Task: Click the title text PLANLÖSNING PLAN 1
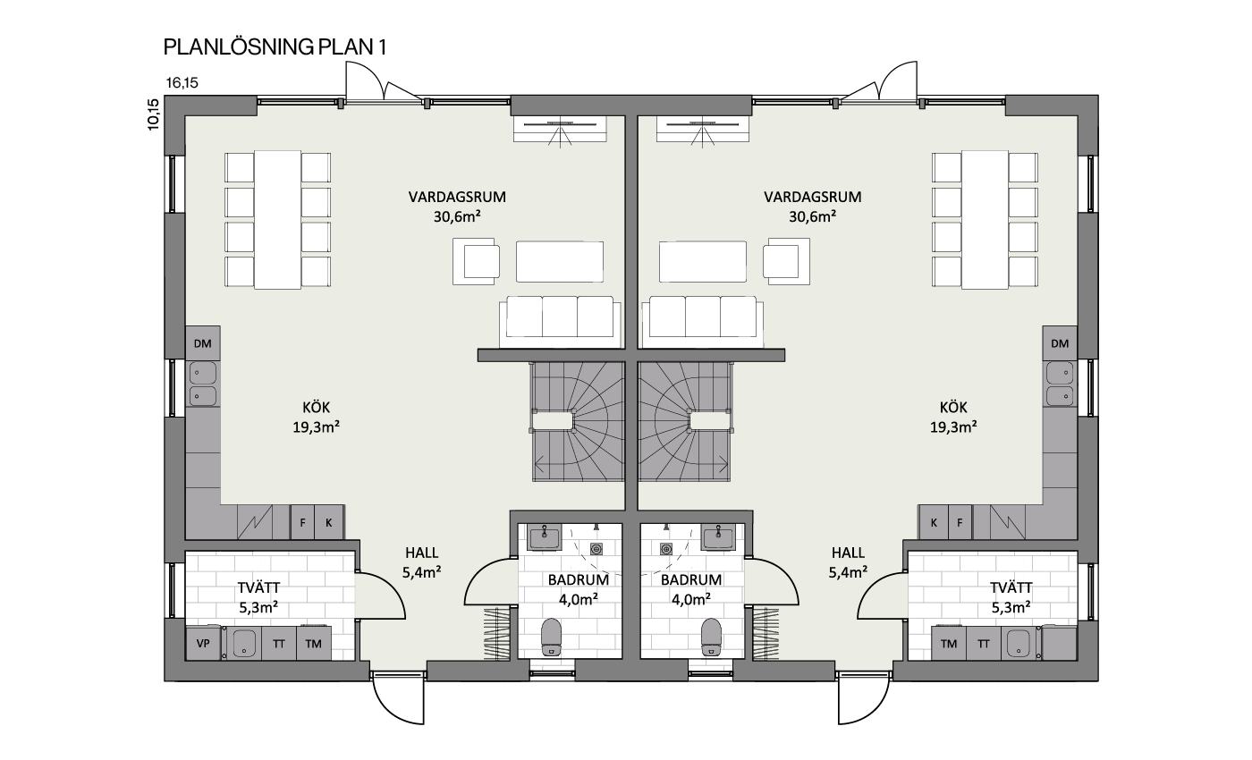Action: tap(275, 46)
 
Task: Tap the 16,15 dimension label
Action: tap(182, 82)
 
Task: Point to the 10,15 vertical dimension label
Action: tap(153, 114)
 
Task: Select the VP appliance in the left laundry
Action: tap(203, 643)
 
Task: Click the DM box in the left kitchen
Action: tap(202, 343)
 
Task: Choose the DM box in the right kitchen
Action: tap(1060, 343)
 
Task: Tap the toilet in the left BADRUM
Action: tap(551, 637)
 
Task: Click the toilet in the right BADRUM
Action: tap(712, 637)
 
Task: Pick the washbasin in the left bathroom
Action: tap(545, 538)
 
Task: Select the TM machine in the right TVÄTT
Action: tap(949, 643)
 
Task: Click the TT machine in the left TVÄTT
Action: tap(279, 643)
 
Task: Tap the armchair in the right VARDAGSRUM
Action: tap(786, 261)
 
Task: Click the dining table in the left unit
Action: tap(278, 220)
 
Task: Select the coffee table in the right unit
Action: tap(703, 261)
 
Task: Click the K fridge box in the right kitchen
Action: tap(934, 522)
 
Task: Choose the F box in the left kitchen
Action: tap(302, 522)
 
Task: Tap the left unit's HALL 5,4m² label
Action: tap(422, 562)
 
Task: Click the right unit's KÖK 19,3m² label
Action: tap(953, 417)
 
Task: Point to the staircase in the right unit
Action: tap(685, 421)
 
